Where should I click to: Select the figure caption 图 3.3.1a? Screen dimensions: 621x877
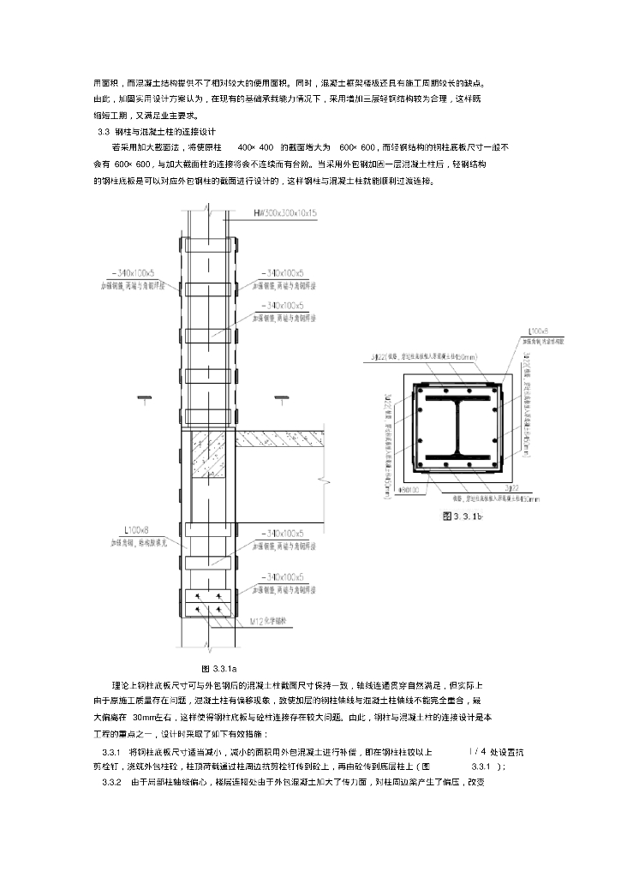pos(218,667)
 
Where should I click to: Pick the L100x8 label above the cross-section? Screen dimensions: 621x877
pos(538,330)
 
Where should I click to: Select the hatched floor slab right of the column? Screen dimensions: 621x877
pos(283,438)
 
